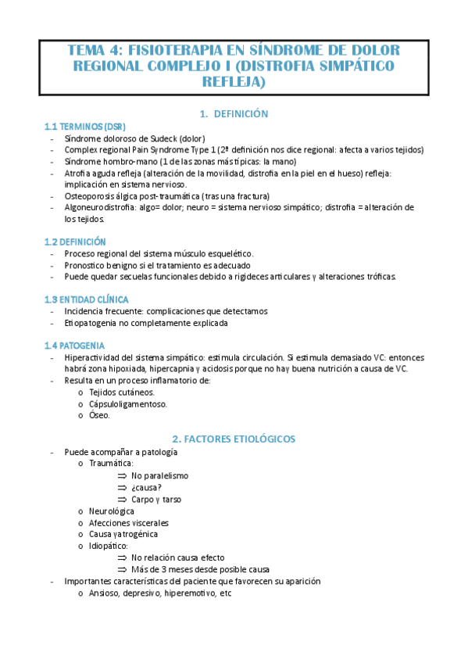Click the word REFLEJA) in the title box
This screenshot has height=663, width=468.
pos(234,81)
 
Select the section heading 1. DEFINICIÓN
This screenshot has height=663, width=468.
pos(234,113)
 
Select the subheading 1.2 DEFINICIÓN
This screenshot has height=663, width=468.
pos(75,242)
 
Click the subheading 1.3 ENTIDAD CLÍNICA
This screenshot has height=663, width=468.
pos(87,299)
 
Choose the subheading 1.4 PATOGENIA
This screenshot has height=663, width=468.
pos(76,346)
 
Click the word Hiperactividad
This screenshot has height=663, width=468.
pos(92,357)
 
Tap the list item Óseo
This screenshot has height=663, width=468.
pos(99,415)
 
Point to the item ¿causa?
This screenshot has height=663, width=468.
pos(147,487)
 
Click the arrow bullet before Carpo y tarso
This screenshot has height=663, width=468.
pos(122,499)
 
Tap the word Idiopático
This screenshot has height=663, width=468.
pos(109,546)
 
